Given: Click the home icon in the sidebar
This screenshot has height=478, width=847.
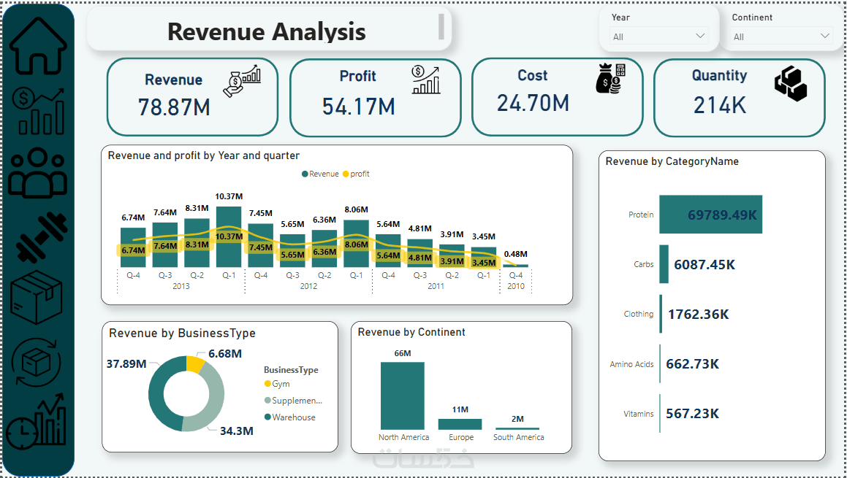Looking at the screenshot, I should pyautogui.click(x=38, y=45).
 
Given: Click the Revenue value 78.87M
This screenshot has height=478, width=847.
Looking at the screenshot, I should pyautogui.click(x=174, y=107).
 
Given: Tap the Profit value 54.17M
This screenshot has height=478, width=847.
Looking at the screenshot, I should pyautogui.click(x=358, y=107).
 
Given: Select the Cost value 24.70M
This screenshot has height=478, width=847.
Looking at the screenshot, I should pyautogui.click(x=533, y=103).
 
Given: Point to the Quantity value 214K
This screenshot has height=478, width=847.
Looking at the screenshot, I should pyautogui.click(x=720, y=105).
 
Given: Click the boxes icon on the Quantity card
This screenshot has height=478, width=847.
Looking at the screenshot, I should pyautogui.click(x=790, y=83).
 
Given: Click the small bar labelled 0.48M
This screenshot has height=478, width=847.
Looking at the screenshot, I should pyautogui.click(x=515, y=266).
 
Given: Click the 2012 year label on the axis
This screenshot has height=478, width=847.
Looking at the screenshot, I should pyautogui.click(x=308, y=286).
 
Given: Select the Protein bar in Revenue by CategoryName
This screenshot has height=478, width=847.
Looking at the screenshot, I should pyautogui.click(x=710, y=215).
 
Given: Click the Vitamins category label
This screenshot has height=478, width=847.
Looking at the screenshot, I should pyautogui.click(x=639, y=414).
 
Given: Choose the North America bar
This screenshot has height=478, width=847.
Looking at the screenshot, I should pyautogui.click(x=402, y=396).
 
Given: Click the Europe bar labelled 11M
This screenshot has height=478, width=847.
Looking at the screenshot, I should pyautogui.click(x=460, y=424).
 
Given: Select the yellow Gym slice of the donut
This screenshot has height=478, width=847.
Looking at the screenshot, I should pyautogui.click(x=195, y=363).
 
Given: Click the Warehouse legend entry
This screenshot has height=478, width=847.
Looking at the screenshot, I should pyautogui.click(x=292, y=417).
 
